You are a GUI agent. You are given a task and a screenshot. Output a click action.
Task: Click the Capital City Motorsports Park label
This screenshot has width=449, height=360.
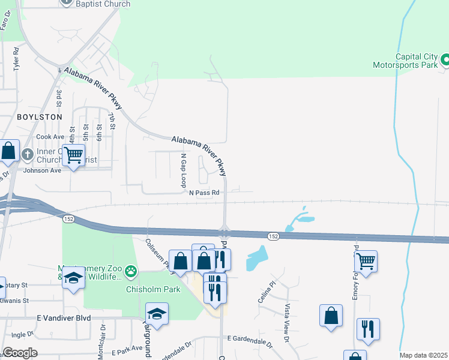tap(406, 59)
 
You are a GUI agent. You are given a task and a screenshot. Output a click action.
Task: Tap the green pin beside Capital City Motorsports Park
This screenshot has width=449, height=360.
tap(445, 59)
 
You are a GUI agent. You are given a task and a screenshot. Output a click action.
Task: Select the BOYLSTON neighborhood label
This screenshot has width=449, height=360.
tap(39, 117)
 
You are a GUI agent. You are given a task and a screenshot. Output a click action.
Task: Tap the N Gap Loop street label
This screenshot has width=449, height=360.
tap(184, 170)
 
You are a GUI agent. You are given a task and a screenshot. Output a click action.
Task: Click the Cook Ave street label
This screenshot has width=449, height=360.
tap(50, 137)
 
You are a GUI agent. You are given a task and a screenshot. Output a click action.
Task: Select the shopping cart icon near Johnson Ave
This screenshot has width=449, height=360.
tap(74, 155)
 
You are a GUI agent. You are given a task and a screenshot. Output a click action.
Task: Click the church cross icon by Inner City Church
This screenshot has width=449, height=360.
tap(27, 155)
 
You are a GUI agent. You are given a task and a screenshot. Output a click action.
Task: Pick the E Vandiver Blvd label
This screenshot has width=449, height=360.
tap(66, 317)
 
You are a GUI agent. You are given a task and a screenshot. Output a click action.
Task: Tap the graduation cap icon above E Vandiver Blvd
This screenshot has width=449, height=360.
tap(157, 314)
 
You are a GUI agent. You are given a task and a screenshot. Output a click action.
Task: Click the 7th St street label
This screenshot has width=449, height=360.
tap(112, 120)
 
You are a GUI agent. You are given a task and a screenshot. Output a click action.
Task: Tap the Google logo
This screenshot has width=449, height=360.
tap(20, 353)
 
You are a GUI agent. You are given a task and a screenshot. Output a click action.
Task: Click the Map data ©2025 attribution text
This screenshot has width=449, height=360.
tap(423, 355)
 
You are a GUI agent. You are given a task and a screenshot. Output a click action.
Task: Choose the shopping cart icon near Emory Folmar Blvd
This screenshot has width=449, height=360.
tap(366, 261)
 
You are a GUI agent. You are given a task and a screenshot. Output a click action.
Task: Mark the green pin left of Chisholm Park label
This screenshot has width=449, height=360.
tap(131, 273)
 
